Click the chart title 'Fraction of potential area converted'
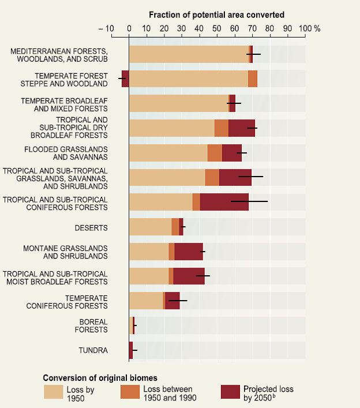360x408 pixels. (216, 14)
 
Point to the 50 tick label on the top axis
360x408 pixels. (217, 28)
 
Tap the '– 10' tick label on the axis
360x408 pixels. (107, 28)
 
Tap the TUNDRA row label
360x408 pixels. (93, 350)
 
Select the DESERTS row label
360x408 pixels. (91, 227)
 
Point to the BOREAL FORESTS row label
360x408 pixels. (91, 325)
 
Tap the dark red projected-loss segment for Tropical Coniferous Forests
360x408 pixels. (224, 202)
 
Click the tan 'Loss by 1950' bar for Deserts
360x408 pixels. (150, 227)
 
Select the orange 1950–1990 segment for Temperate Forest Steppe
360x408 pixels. (252, 78)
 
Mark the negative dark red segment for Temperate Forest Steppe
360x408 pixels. (125, 78)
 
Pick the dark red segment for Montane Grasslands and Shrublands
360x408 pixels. (188, 252)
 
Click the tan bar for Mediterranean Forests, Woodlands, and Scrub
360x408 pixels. (189, 54)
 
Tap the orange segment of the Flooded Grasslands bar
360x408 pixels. (215, 152)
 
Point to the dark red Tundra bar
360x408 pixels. (131, 350)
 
